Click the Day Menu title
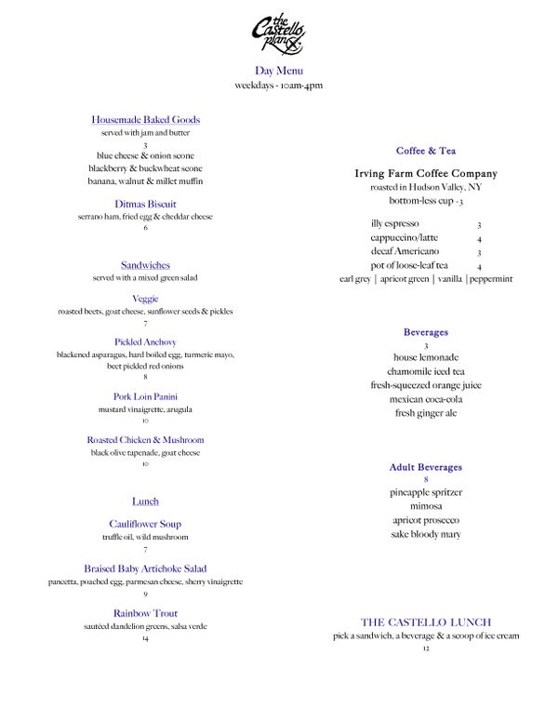278,71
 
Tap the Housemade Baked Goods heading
146,119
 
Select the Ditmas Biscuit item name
146,204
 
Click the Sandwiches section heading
146,265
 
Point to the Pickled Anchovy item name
146,341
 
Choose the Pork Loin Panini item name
146,396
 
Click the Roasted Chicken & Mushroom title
146,439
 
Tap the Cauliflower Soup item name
146,524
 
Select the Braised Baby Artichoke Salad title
146,568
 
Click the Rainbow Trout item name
146,613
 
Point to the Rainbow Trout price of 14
146,639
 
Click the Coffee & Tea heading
426,150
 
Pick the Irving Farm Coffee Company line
426,173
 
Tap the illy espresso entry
394,223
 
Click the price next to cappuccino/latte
479,238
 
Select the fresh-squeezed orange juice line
426,384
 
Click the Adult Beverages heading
426,467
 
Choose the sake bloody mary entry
426,534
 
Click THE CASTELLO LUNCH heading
426,622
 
